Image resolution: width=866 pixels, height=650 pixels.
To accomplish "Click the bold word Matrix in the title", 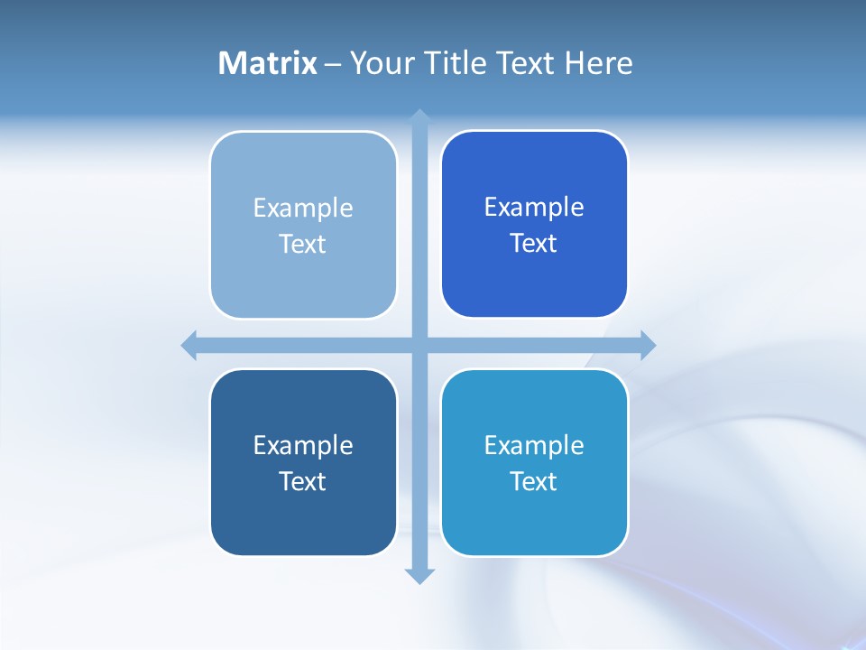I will (x=268, y=63).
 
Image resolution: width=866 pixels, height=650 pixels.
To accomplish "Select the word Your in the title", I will (x=381, y=63).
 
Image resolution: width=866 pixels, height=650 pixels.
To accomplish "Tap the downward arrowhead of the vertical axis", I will (x=419, y=575).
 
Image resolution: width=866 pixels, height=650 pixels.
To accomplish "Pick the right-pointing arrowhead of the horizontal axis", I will (x=648, y=345).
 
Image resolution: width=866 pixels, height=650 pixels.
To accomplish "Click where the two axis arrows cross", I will (x=419, y=345).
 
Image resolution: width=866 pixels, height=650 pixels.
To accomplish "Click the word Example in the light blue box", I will (x=303, y=209).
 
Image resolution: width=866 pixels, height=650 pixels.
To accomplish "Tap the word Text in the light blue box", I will (x=302, y=244).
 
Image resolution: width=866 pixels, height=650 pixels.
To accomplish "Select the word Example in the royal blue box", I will (x=534, y=208).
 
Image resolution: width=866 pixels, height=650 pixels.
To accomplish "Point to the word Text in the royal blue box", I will (x=533, y=243).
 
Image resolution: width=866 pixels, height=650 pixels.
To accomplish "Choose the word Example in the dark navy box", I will (x=303, y=445).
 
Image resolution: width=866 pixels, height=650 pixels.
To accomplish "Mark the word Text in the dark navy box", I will (x=302, y=481).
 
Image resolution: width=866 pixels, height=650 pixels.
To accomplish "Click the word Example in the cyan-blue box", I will (x=534, y=445).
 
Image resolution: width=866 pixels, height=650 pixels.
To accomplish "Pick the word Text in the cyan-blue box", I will (x=533, y=481).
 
